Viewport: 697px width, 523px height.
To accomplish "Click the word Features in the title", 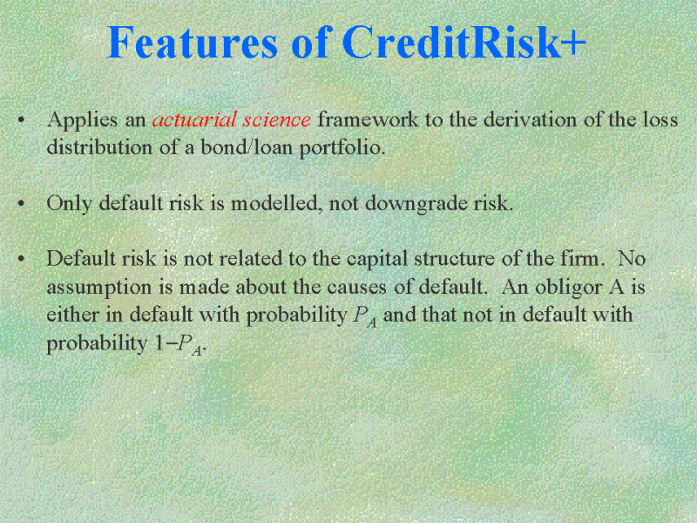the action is coord(192,42).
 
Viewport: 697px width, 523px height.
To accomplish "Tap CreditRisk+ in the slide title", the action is coord(464,42).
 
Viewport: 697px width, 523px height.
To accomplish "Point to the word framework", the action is coord(368,119).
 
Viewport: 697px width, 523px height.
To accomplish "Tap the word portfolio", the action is coord(342,148).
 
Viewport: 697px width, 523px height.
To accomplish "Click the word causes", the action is coord(357,288).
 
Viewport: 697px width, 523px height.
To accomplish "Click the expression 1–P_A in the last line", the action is coord(179,344).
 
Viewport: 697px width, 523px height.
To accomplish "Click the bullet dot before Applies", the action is coord(21,119).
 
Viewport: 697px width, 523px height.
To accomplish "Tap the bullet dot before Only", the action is coord(21,203).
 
